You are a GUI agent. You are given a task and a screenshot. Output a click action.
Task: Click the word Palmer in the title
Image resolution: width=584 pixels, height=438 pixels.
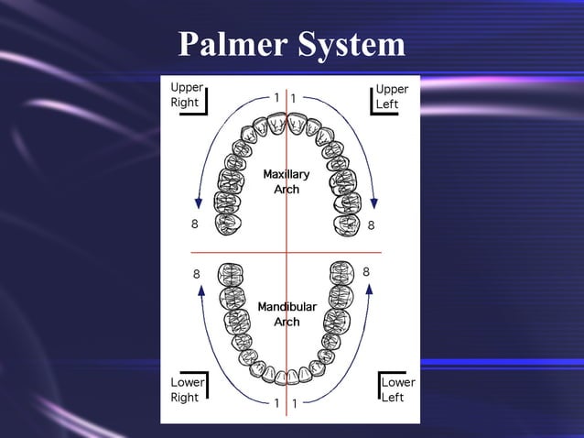tap(233, 44)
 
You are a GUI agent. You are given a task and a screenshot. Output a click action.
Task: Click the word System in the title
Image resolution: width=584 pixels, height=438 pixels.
tap(350, 44)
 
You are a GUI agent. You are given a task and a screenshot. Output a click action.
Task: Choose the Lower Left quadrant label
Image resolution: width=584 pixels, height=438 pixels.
tap(397, 389)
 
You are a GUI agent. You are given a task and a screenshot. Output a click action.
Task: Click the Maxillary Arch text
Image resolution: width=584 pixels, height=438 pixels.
tap(286, 181)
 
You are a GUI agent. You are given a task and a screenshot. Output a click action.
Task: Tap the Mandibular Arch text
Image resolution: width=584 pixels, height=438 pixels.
tap(287, 314)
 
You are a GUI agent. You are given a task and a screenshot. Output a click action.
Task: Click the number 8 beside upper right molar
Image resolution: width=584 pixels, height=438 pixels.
tap(193, 224)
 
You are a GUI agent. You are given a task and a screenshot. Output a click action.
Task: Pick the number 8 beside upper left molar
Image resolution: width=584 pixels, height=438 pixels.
tap(371, 224)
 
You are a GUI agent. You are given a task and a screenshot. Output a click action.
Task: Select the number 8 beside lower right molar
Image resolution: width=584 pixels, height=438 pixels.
tap(196, 273)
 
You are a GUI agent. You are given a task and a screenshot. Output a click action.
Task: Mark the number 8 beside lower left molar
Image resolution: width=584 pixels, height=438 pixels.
tap(366, 272)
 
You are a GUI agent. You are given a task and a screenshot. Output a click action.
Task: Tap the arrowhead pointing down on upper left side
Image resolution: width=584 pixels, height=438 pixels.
tap(374, 203)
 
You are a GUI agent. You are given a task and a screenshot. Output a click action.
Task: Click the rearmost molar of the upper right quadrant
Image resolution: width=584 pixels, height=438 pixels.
tap(228, 223)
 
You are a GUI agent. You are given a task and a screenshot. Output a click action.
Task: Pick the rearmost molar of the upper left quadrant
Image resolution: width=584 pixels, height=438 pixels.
tap(346, 223)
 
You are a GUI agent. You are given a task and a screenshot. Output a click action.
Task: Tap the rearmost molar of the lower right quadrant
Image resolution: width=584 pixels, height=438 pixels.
tap(229, 274)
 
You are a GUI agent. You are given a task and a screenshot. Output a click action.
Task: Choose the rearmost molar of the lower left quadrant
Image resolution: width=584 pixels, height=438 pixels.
tap(341, 273)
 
